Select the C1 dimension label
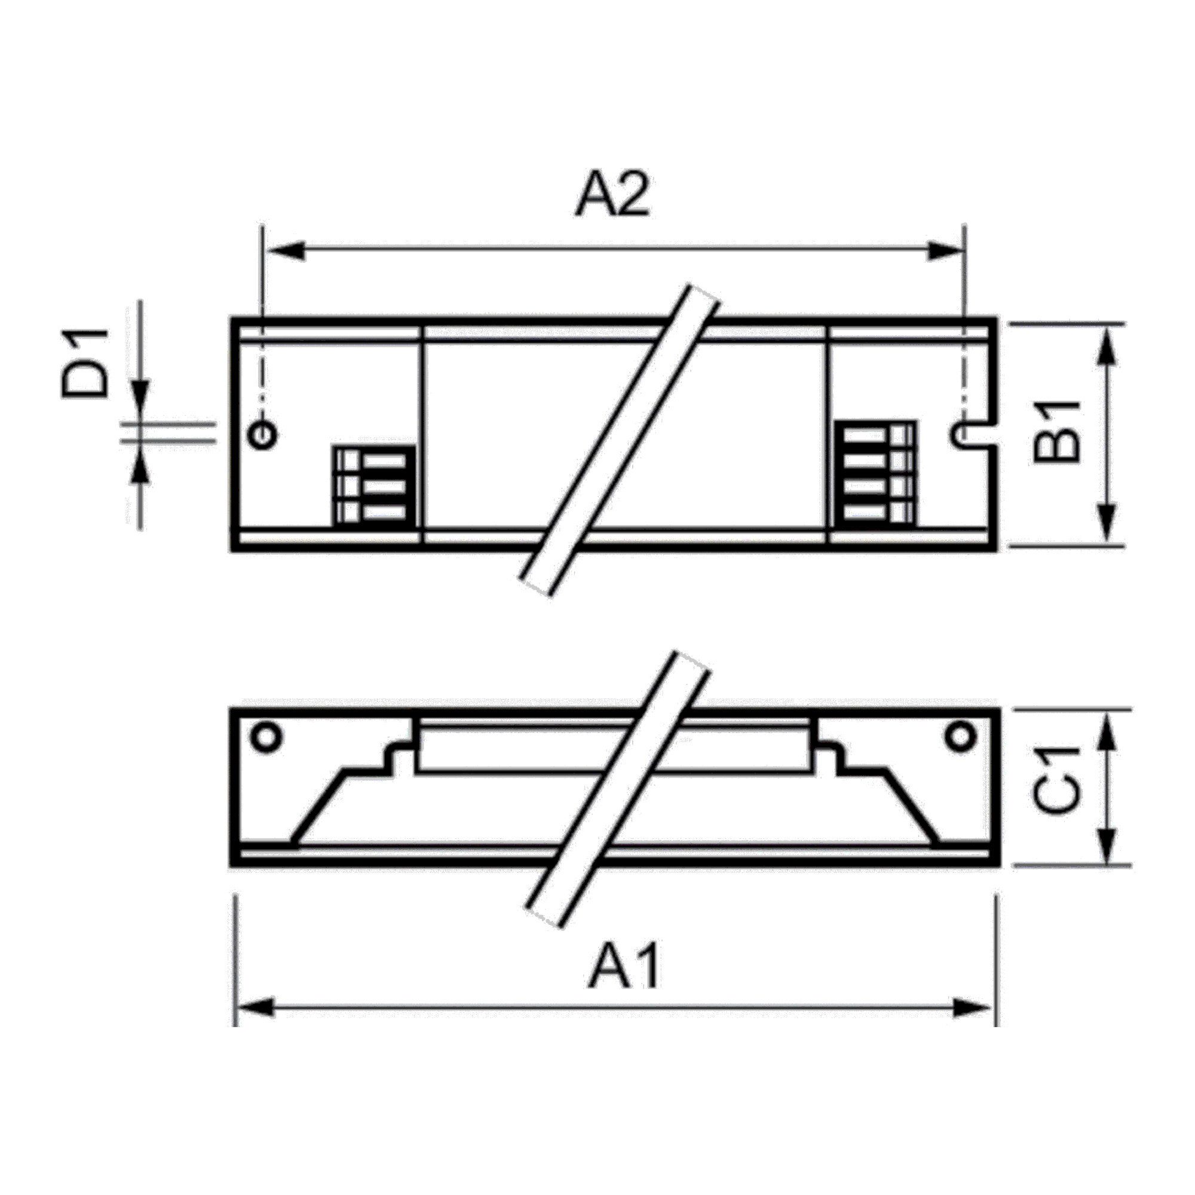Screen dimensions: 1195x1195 [1057, 788]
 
